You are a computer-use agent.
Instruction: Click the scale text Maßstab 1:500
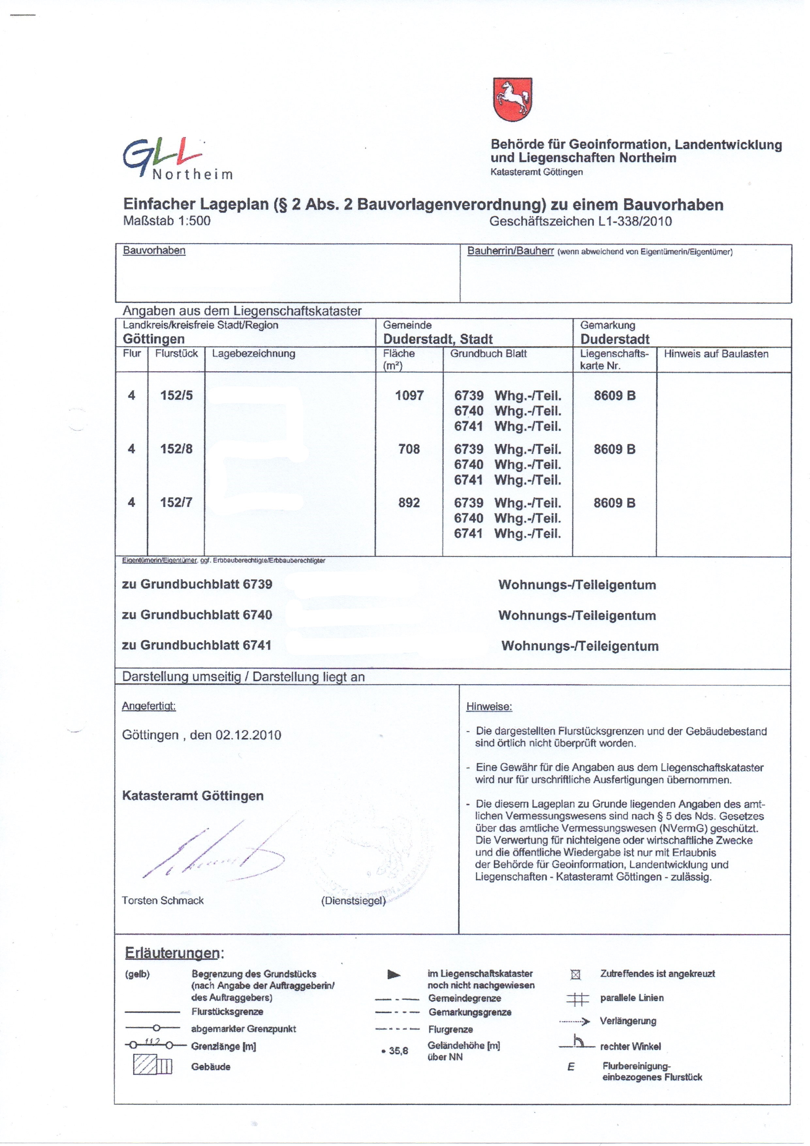click(x=167, y=221)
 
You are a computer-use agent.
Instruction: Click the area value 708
click(x=409, y=449)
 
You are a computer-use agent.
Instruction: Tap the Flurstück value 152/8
click(x=176, y=449)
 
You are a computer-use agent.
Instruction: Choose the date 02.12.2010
click(x=248, y=735)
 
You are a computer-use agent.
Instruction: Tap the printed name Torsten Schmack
click(x=163, y=900)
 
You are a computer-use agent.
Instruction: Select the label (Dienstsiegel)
click(x=353, y=901)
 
